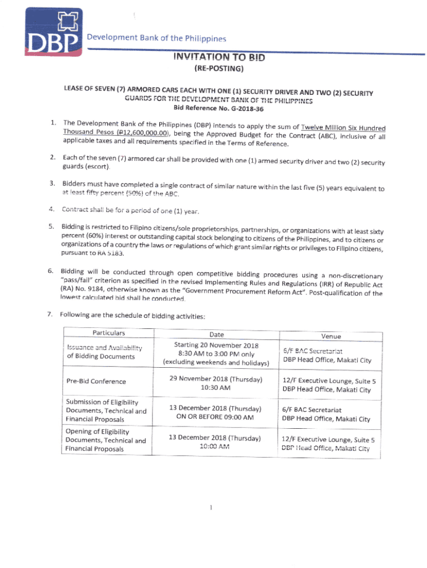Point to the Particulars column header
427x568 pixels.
tap(109, 333)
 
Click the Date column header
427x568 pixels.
tap(217, 334)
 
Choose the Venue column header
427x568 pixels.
tap(331, 336)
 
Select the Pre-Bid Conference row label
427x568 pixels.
tap(95, 382)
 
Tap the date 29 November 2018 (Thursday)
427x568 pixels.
tap(216, 379)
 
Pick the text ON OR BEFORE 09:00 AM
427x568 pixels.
tap(215, 417)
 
